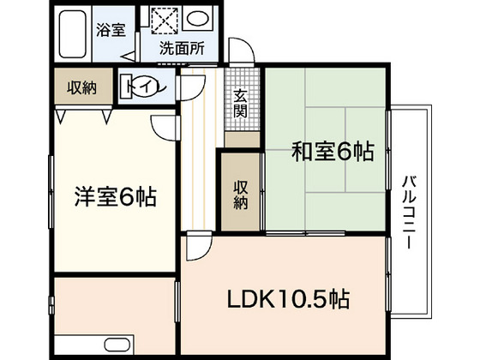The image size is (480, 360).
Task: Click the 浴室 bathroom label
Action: pos(111,30)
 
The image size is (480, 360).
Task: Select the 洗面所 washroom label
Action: pos(182,49)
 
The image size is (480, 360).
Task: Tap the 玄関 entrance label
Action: pos(242,105)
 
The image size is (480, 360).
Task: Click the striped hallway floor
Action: pos(199,154)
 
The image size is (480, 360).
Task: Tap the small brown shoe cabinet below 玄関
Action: pos(242,138)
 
